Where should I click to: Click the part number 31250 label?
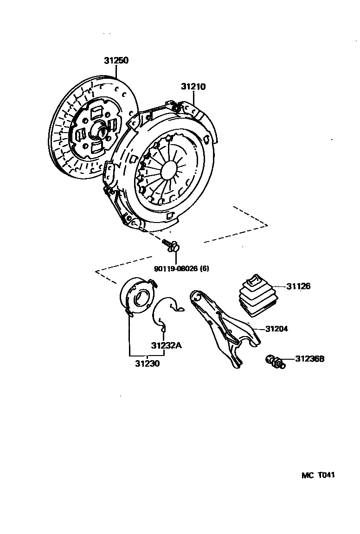click(116, 61)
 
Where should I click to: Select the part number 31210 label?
click(193, 87)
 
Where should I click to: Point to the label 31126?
click(298, 286)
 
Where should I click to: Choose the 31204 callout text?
click(276, 329)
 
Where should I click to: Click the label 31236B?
click(309, 359)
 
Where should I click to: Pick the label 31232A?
click(166, 345)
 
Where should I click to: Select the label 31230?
click(147, 364)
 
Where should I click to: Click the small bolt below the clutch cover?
click(171, 246)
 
